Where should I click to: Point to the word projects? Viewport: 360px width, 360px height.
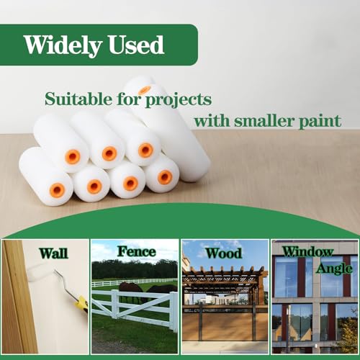(x=186, y=98)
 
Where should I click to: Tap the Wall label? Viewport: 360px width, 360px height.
(x=54, y=253)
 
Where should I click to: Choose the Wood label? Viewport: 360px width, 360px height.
(x=223, y=253)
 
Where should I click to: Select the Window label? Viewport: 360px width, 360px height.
(x=307, y=252)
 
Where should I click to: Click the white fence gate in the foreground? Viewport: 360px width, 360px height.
(x=115, y=307)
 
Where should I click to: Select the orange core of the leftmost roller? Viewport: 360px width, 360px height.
(x=57, y=190)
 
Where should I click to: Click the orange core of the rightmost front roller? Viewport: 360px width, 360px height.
(x=165, y=176)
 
